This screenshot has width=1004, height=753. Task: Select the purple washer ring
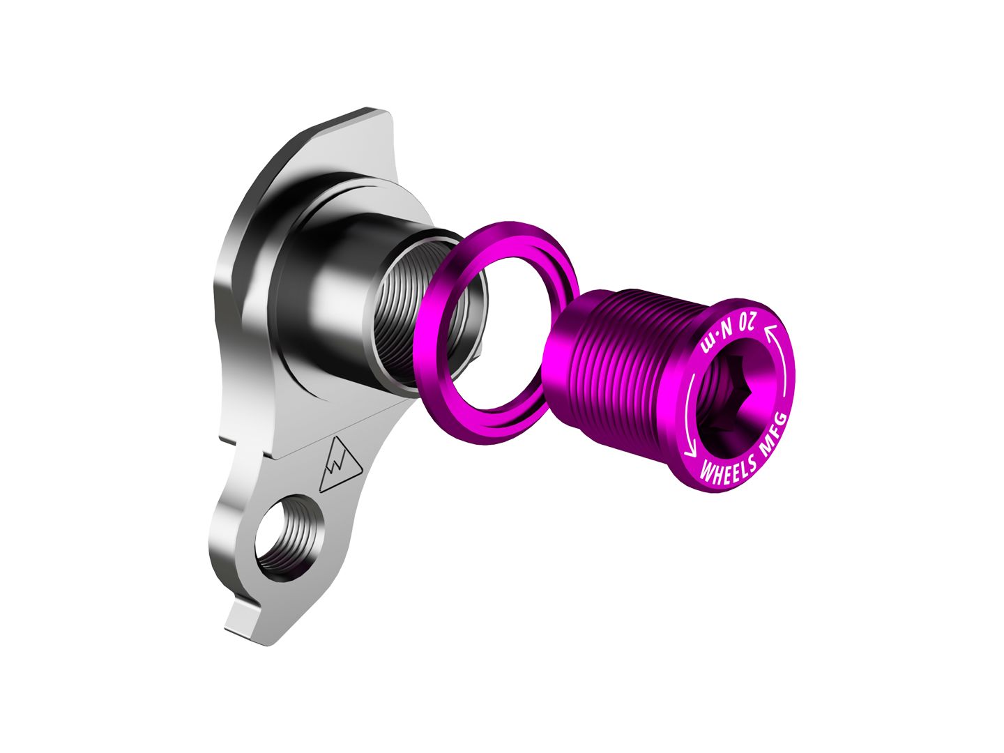click(x=488, y=328)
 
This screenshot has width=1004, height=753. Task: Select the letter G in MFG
click(x=782, y=420)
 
